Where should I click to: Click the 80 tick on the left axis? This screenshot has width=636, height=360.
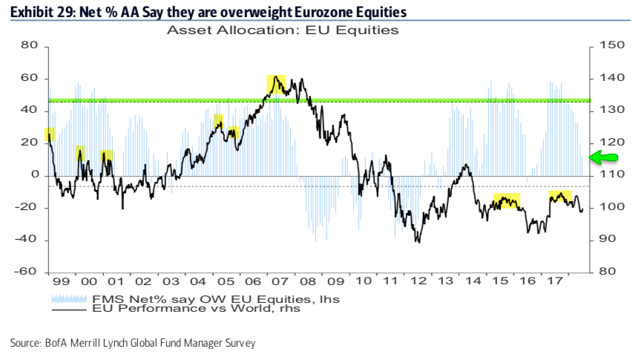click(29, 46)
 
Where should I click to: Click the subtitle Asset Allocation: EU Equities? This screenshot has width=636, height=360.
click(283, 30)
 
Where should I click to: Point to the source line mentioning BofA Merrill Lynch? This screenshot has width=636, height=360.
click(133, 343)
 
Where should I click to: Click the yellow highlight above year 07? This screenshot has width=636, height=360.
click(277, 84)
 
